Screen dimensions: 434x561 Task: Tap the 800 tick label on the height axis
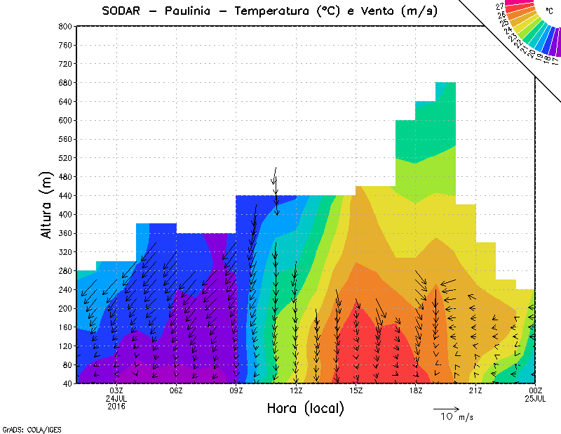(x=65, y=26)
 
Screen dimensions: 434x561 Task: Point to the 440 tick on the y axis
(x=65, y=195)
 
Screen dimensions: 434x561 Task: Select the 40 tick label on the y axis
(x=67, y=383)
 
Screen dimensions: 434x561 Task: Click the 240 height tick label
(x=65, y=289)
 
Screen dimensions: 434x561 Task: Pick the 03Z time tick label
(x=116, y=390)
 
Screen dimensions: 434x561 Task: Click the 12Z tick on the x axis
(x=296, y=390)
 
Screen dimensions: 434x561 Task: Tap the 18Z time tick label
(x=416, y=390)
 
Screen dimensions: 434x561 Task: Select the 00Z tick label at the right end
(x=536, y=390)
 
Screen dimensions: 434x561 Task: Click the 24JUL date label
(x=116, y=398)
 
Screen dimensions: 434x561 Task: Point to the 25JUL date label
(x=536, y=398)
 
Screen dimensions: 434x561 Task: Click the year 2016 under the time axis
(x=116, y=406)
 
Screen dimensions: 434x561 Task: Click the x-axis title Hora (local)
(x=305, y=408)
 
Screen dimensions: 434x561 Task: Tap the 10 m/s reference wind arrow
(x=446, y=408)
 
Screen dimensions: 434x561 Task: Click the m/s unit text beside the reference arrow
(x=466, y=417)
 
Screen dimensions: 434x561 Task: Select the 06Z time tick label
(x=176, y=390)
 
